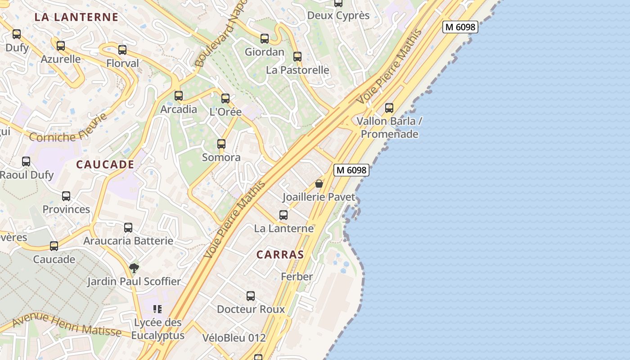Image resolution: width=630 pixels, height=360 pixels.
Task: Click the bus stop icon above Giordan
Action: pyautogui.click(x=265, y=39)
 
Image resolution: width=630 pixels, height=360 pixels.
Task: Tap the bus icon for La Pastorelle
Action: pyautogui.click(x=297, y=57)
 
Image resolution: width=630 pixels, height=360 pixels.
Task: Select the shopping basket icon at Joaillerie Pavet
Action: pyautogui.click(x=319, y=184)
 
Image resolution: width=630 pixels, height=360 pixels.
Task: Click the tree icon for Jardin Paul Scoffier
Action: pyautogui.click(x=134, y=268)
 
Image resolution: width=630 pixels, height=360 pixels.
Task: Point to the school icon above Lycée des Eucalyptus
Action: pyautogui.click(x=157, y=309)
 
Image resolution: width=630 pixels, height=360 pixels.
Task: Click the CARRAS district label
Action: pyautogui.click(x=280, y=255)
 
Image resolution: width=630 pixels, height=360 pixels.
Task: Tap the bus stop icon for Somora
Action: pyautogui.click(x=221, y=144)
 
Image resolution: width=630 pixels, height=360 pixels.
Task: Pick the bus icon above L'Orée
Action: pyautogui.click(x=225, y=98)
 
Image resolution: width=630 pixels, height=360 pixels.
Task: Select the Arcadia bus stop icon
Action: pyautogui.click(x=179, y=95)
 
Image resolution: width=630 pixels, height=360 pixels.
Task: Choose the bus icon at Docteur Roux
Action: pyautogui.click(x=251, y=296)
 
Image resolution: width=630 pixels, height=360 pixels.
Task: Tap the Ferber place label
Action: pyautogui.click(x=297, y=277)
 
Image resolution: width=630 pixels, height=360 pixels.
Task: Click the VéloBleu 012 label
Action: pyautogui.click(x=234, y=338)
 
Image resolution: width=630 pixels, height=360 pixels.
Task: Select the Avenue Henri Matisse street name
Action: pyautogui.click(x=67, y=326)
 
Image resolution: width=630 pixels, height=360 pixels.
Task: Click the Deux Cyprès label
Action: pyautogui.click(x=338, y=16)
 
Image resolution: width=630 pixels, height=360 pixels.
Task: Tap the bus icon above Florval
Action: pyautogui.click(x=122, y=50)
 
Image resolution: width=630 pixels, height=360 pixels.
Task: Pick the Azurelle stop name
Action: pyautogui.click(x=61, y=59)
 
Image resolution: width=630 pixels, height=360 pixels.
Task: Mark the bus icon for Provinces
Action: pyautogui.click(x=66, y=196)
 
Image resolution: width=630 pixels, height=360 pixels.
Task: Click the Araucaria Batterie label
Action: pyautogui.click(x=128, y=241)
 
